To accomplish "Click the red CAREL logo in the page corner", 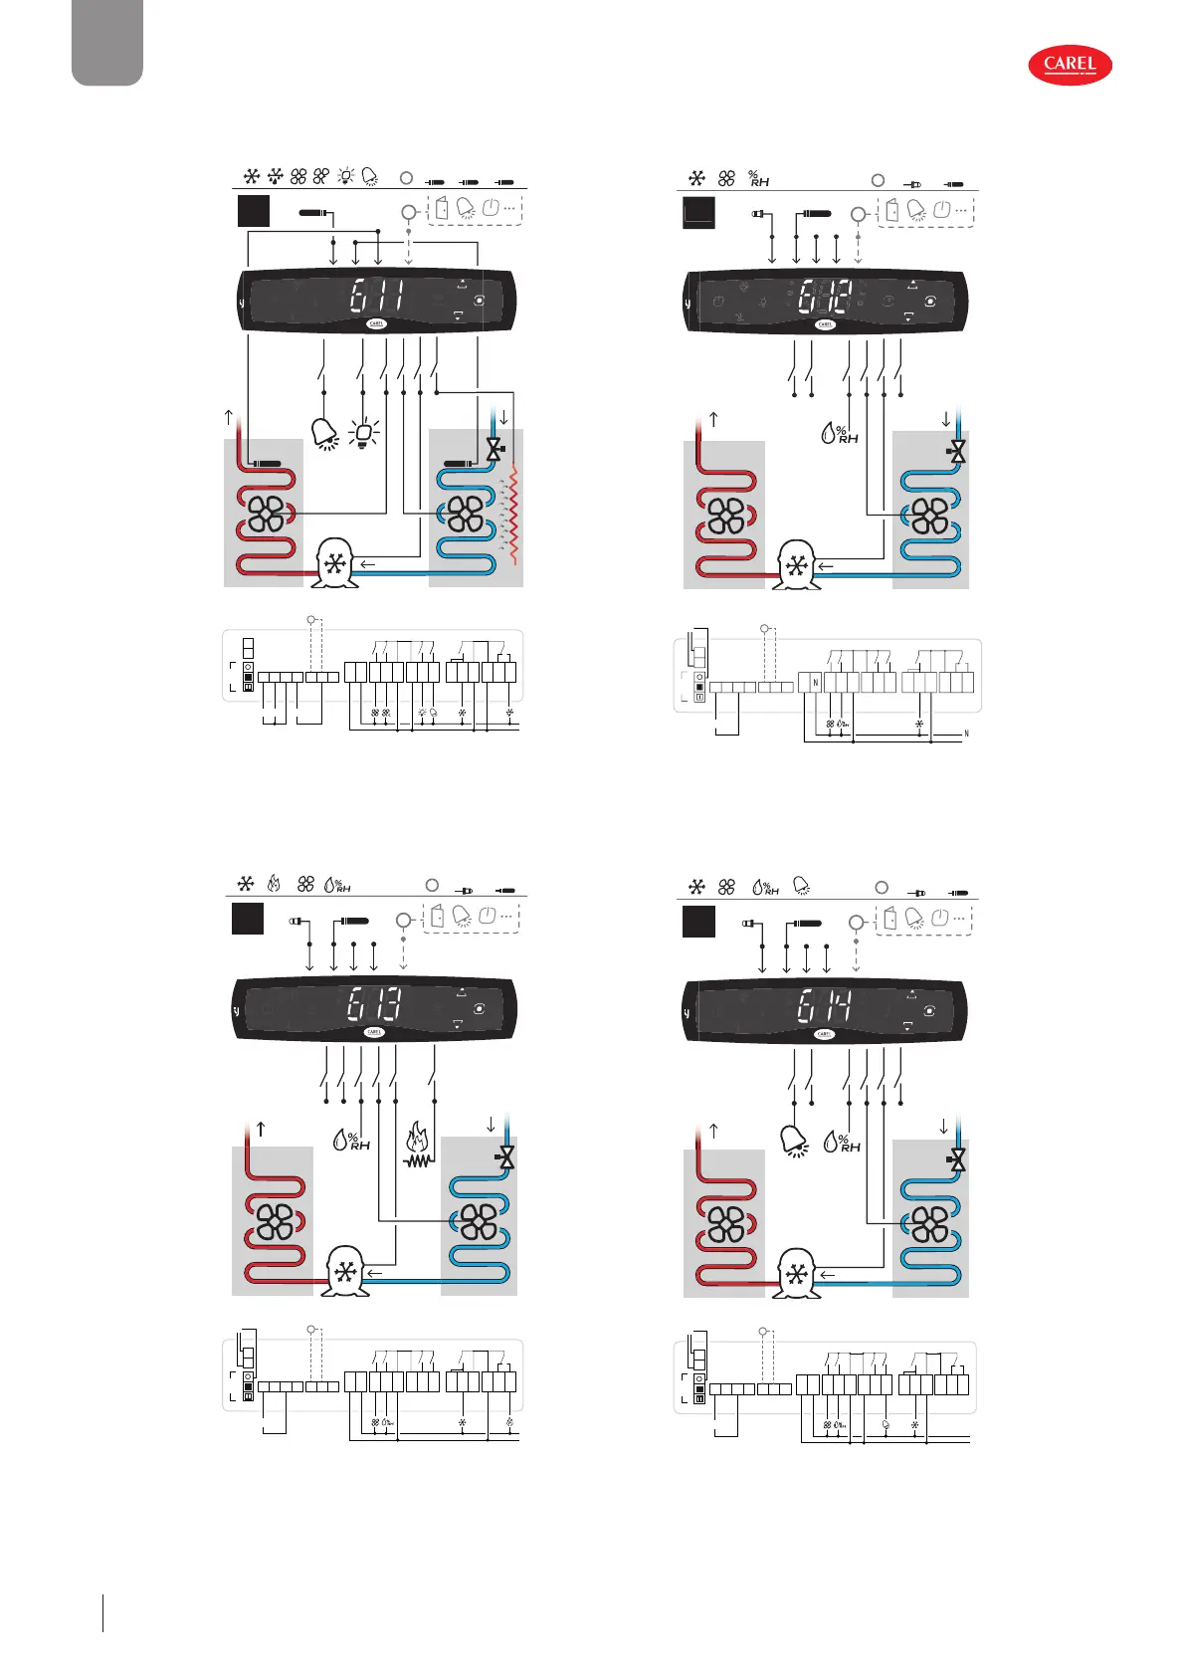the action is point(1070,66).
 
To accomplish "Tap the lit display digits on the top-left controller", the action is point(378,297).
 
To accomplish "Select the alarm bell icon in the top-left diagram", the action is point(324,434).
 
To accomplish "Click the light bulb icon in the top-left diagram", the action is point(365,434).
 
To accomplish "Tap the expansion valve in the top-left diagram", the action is point(493,450).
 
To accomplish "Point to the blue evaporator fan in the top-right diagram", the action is point(929,516).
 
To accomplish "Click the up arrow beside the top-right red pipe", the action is point(713,418).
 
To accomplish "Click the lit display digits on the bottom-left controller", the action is point(375,1005).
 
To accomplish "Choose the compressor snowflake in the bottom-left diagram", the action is point(345,1274).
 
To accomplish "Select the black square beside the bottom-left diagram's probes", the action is point(248,919).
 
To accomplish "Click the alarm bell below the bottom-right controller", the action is point(794,1142).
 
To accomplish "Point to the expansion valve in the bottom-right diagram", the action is point(957,1159).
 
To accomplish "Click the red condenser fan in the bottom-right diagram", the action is point(725,1224).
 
